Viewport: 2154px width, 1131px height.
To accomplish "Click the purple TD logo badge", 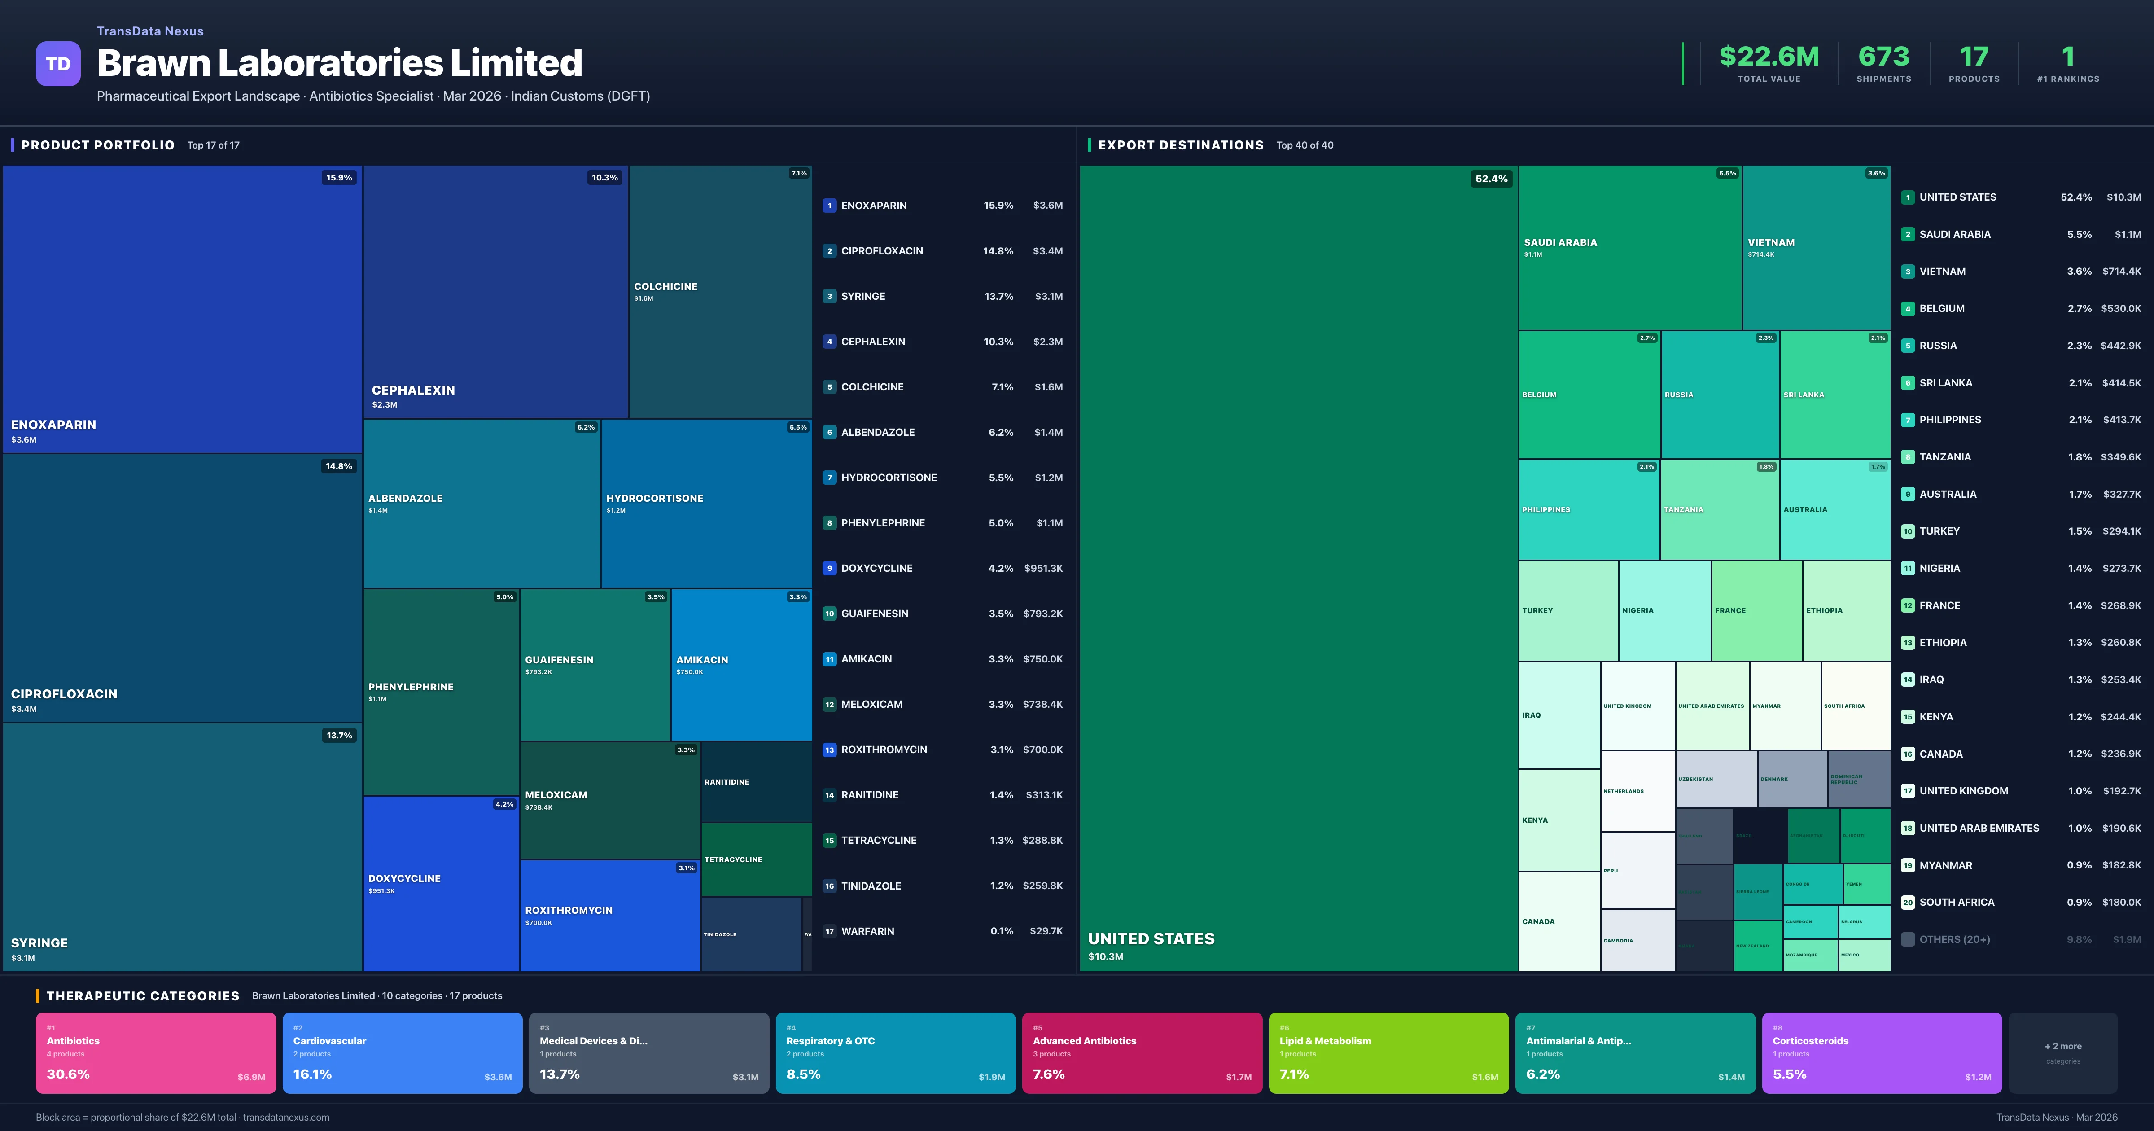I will click(58, 64).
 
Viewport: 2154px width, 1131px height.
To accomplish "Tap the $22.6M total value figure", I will click(1769, 57).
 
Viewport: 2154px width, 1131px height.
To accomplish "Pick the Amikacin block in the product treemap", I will click(741, 665).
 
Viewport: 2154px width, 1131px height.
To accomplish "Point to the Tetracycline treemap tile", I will click(756, 859).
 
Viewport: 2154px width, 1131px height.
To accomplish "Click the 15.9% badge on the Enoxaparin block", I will click(339, 177).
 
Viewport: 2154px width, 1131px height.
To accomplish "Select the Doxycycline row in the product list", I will click(942, 568).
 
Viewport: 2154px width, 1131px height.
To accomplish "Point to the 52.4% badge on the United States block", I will click(1491, 179).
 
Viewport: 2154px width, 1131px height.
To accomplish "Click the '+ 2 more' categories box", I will click(2063, 1052).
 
